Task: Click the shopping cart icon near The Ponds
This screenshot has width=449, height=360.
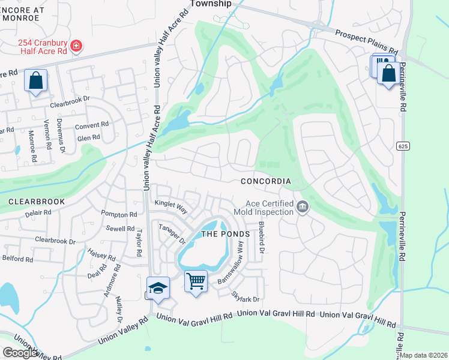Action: [196, 280]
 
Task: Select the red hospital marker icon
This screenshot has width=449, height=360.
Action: [76, 46]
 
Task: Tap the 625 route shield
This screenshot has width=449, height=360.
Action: [403, 146]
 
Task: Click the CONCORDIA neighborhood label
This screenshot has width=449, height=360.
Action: [266, 181]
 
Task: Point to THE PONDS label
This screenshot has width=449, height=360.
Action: [224, 234]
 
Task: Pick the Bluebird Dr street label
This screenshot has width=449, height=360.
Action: [261, 237]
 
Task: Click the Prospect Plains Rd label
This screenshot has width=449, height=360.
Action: [366, 42]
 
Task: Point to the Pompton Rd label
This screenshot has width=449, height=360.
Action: [119, 214]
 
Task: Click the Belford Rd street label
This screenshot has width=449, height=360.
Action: [17, 259]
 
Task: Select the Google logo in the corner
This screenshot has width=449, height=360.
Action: [20, 352]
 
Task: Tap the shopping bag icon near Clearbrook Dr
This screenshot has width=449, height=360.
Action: [35, 80]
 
